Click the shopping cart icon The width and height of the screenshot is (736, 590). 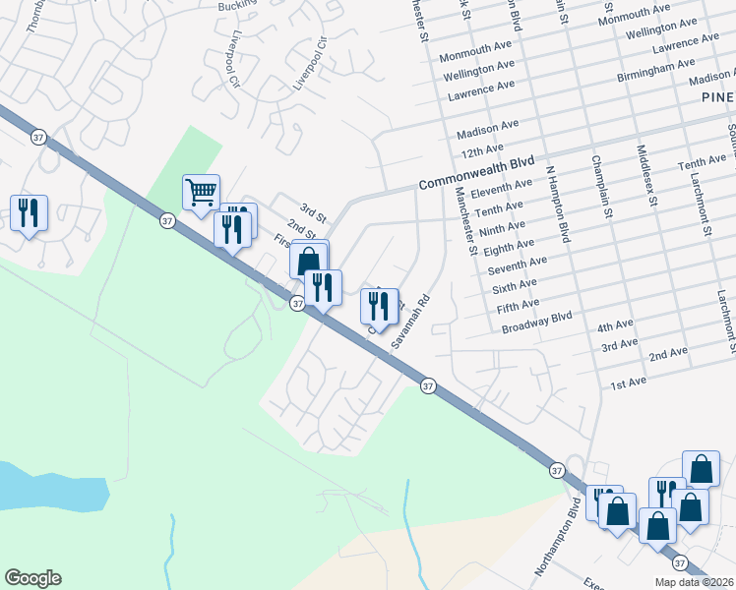pyautogui.click(x=201, y=192)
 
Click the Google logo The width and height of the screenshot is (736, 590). pyautogui.click(x=32, y=578)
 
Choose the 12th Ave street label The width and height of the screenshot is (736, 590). pyautogui.click(x=480, y=149)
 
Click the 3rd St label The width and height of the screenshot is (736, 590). pyautogui.click(x=312, y=211)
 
